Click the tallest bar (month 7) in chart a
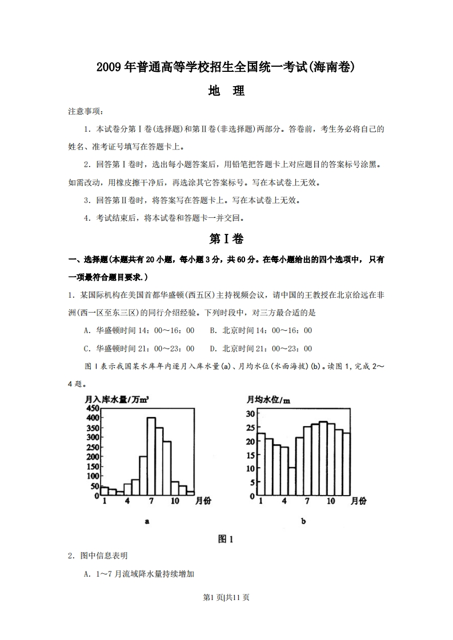click(x=151, y=456)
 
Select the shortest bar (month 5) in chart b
click(x=291, y=482)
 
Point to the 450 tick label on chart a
click(x=93, y=408)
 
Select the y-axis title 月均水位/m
click(x=268, y=399)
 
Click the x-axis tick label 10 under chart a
click(x=175, y=501)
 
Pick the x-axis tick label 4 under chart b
click(x=284, y=501)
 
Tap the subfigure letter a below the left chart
click(x=147, y=521)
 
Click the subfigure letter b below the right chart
click(x=303, y=521)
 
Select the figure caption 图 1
click(x=226, y=539)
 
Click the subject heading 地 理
click(x=226, y=91)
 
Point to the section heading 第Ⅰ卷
click(x=226, y=238)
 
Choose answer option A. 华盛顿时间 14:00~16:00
click(x=139, y=330)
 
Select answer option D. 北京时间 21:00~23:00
click(x=260, y=349)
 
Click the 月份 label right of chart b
click(x=358, y=501)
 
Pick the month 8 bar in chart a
click(x=159, y=461)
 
